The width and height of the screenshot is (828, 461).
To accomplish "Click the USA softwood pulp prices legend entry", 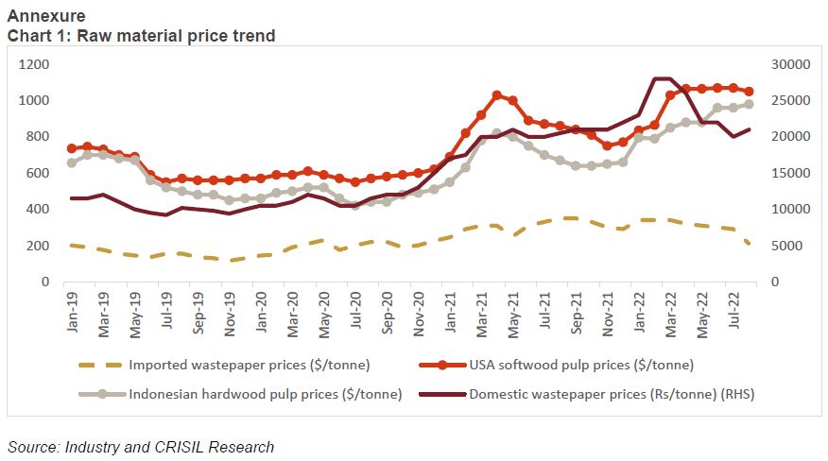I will [x=576, y=365].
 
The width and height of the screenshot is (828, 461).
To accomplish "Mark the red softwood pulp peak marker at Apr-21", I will [x=496, y=95].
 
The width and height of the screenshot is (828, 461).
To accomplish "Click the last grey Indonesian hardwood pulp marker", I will [x=749, y=105].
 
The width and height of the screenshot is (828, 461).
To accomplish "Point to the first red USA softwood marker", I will [x=72, y=148].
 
